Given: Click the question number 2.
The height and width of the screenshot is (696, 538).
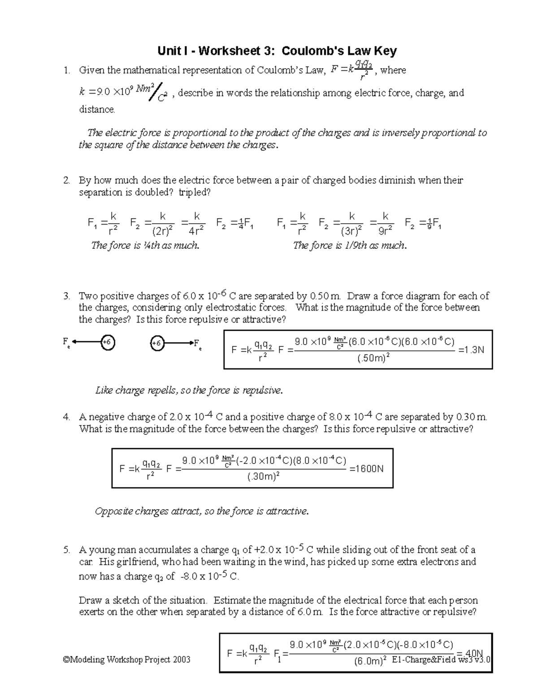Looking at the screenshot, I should click(66, 181).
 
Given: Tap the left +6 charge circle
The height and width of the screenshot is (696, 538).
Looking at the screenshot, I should click(107, 343).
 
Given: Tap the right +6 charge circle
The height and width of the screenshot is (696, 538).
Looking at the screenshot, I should click(156, 344).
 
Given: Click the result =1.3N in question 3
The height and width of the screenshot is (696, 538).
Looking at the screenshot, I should click(470, 350).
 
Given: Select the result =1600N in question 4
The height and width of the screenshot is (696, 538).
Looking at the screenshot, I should click(366, 469).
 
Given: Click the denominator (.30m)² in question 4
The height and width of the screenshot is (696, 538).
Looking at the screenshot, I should click(263, 477).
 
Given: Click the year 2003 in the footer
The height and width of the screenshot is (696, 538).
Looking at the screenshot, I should click(181, 659).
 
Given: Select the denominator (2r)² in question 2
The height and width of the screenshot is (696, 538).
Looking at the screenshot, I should click(163, 231).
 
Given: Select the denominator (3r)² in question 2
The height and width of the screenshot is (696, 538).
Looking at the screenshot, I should click(352, 231).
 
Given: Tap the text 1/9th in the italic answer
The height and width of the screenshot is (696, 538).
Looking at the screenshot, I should click(356, 246).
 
